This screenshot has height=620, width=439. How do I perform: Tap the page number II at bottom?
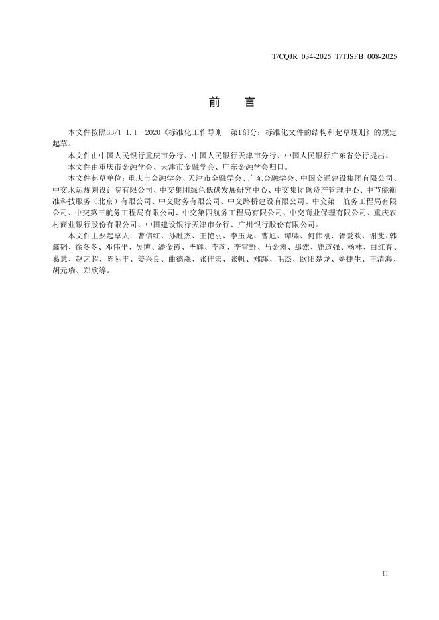pyautogui.click(x=385, y=573)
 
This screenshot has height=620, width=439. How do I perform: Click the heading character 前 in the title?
pyautogui.click(x=214, y=103)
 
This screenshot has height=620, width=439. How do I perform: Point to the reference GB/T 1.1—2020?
pyautogui.click(x=126, y=133)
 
